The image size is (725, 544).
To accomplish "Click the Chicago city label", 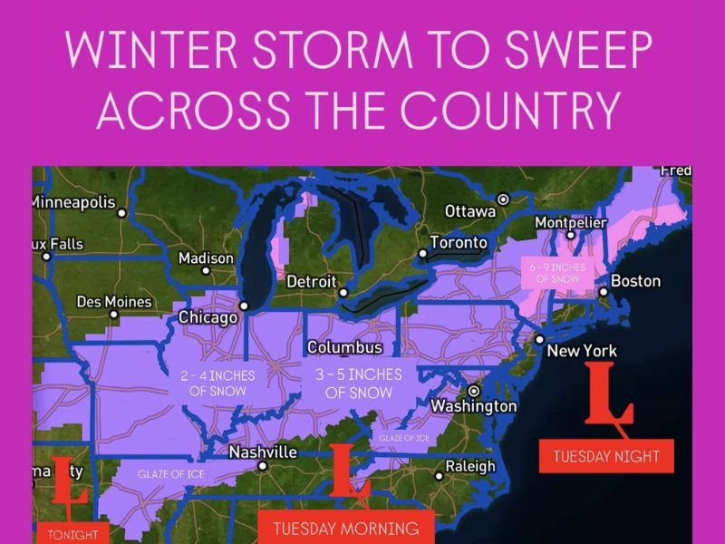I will pyautogui.click(x=208, y=318).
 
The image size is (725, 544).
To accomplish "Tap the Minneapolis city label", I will pyautogui.click(x=74, y=201).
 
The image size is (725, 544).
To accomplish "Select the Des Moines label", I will pyautogui.click(x=114, y=301).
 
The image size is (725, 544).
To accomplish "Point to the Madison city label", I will pyautogui.click(x=206, y=258).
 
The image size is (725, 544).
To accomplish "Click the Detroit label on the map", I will pyautogui.click(x=311, y=282).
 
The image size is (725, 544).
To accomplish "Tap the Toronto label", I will pyautogui.click(x=458, y=243).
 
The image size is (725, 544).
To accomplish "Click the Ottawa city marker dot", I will pyautogui.click(x=504, y=199).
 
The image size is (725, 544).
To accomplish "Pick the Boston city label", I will pyautogui.click(x=635, y=281).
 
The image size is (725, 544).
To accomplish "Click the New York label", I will pyautogui.click(x=586, y=351).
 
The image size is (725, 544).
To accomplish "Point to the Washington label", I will pyautogui.click(x=473, y=406).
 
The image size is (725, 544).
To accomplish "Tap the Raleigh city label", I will pyautogui.click(x=470, y=467).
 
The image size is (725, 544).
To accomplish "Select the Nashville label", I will pyautogui.click(x=263, y=452).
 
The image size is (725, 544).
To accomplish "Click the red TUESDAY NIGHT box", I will pyautogui.click(x=606, y=456).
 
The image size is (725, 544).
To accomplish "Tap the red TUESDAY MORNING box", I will pyautogui.click(x=346, y=528).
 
